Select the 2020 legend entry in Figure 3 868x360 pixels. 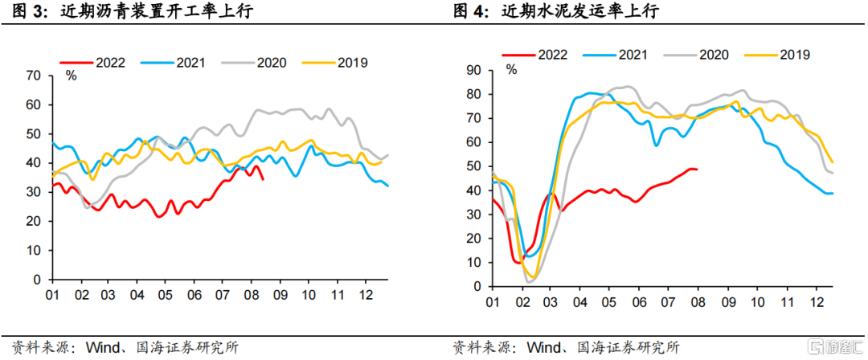pyautogui.click(x=254, y=62)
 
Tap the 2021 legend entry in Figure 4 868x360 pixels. pyautogui.click(x=616, y=55)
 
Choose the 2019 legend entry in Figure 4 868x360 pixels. pyautogui.click(x=777, y=55)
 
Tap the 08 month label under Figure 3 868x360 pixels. pyautogui.click(x=252, y=293)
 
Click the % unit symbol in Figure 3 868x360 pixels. pyautogui.click(x=72, y=76)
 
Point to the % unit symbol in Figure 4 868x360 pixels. pyautogui.click(x=511, y=70)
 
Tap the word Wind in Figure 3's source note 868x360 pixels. pyautogui.click(x=103, y=347)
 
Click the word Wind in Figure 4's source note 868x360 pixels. pyautogui.click(x=543, y=347)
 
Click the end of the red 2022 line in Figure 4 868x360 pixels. pyautogui.click(x=697, y=169)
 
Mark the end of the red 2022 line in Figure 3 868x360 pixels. pyautogui.click(x=262, y=179)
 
